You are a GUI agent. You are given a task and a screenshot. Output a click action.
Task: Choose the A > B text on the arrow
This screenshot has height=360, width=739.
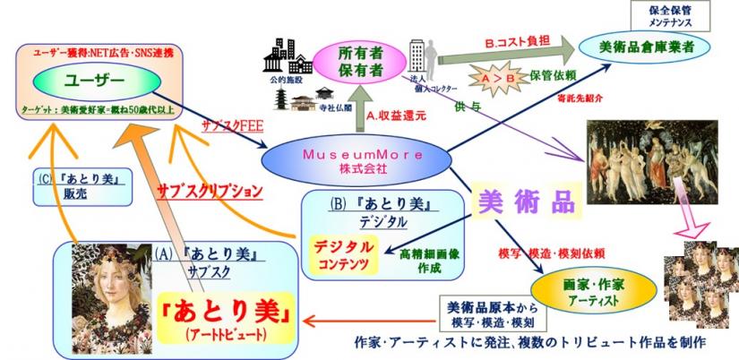pyautogui.click(x=500, y=81)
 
